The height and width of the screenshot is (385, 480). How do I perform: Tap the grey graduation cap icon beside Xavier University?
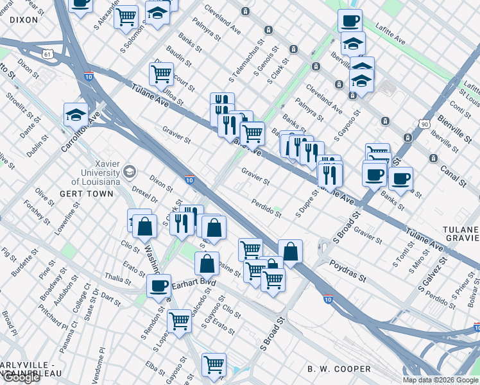(x=130, y=171)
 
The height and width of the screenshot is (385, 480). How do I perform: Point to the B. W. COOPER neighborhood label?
(x=339, y=369)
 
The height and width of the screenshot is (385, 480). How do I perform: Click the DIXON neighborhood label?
(x=24, y=20)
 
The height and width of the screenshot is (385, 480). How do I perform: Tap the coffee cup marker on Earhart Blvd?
(x=159, y=286)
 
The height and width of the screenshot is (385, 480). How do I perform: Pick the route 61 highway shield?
(x=48, y=55)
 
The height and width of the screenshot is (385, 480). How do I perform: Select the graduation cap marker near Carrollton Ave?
(x=76, y=114)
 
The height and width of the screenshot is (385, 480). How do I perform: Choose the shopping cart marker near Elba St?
(x=214, y=364)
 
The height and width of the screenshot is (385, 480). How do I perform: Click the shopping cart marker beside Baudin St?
(x=161, y=73)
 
